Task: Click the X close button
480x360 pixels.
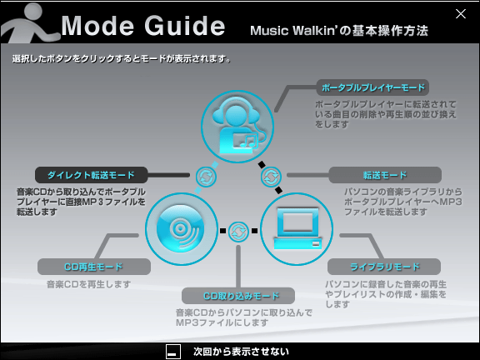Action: (x=460, y=14)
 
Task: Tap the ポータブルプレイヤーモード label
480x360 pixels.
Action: (x=372, y=87)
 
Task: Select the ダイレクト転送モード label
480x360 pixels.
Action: (x=91, y=175)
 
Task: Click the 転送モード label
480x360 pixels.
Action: (x=385, y=175)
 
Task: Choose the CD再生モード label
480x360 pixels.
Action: (x=93, y=267)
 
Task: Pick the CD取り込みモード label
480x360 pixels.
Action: (x=238, y=296)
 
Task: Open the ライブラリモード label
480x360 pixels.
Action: (x=384, y=267)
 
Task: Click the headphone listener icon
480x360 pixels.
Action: (x=237, y=126)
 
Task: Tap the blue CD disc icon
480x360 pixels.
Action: (x=181, y=229)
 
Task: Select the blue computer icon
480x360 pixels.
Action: (x=297, y=229)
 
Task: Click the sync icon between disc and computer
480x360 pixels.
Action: (x=238, y=232)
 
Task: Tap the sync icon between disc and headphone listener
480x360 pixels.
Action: (x=206, y=177)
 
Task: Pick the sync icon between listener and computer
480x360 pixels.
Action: (x=271, y=177)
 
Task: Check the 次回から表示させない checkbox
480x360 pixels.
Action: (x=173, y=352)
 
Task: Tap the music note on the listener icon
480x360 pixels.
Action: (x=248, y=141)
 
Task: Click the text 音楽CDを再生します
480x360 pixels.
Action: (x=88, y=284)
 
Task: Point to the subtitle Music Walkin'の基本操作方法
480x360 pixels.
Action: (x=339, y=31)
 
